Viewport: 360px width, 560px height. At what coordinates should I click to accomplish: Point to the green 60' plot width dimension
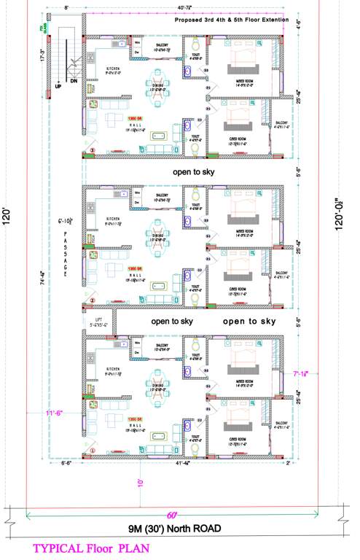click(x=172, y=513)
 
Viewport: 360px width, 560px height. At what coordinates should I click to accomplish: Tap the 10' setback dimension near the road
click(x=139, y=482)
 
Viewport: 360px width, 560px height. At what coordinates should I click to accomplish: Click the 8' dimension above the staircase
click(x=66, y=7)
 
